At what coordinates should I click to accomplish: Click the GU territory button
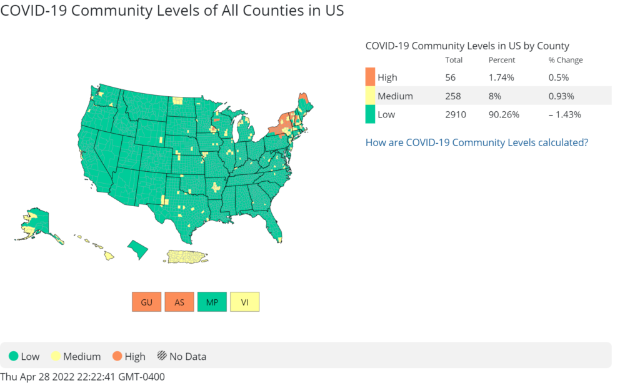click(x=147, y=302)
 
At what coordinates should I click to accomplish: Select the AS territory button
click(x=179, y=302)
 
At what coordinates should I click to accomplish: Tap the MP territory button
click(x=212, y=302)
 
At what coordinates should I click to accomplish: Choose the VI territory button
click(x=244, y=302)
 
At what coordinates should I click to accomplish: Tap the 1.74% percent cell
click(x=501, y=77)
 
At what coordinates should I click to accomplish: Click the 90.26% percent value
click(x=504, y=114)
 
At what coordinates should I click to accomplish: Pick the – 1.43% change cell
click(x=565, y=114)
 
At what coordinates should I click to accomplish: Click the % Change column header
click(x=566, y=60)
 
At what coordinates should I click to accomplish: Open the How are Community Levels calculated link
click(x=476, y=142)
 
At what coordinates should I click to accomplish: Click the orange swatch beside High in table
click(x=370, y=77)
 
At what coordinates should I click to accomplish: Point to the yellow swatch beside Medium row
click(x=370, y=96)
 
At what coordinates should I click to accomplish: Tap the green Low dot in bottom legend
click(x=13, y=357)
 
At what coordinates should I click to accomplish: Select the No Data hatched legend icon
click(x=162, y=357)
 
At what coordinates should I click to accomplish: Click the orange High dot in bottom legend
click(x=117, y=357)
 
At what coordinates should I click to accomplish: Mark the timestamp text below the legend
click(x=82, y=377)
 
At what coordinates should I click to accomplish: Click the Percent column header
click(x=502, y=60)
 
